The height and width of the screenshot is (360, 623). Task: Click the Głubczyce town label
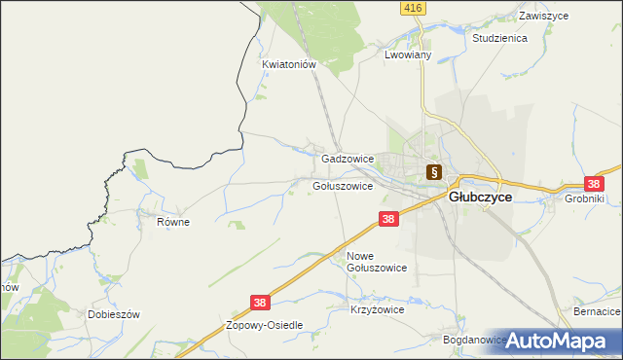point(480,196)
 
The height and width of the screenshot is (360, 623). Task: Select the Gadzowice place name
point(348,158)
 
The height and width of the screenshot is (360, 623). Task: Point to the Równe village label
point(172,222)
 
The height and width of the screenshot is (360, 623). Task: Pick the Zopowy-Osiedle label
point(265,325)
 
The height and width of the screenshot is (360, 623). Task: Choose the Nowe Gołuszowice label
point(377,262)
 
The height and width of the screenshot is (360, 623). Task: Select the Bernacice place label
point(596,311)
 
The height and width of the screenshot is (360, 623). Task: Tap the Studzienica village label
point(498,38)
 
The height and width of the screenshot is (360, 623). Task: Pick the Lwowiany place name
point(408,56)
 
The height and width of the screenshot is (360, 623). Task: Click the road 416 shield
point(412,8)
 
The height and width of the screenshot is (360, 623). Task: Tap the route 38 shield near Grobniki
point(594,184)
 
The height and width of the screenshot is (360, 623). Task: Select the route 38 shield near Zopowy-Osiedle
point(260,304)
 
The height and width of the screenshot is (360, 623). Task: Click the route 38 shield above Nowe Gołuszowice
point(388,221)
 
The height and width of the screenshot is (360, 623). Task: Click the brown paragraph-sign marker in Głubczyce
point(434,172)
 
